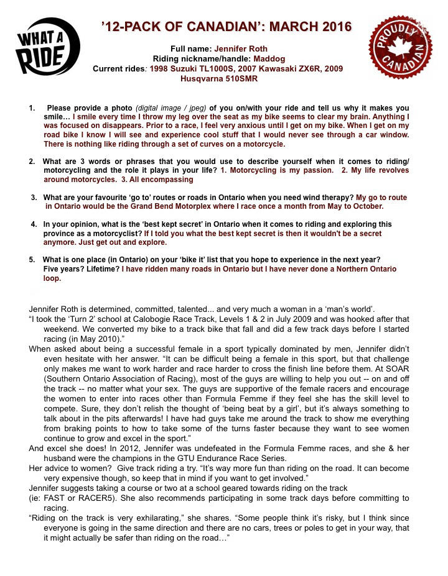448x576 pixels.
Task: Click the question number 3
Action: (x=34, y=198)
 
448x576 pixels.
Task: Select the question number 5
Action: (x=32, y=259)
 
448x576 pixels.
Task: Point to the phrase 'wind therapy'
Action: (x=325, y=198)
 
